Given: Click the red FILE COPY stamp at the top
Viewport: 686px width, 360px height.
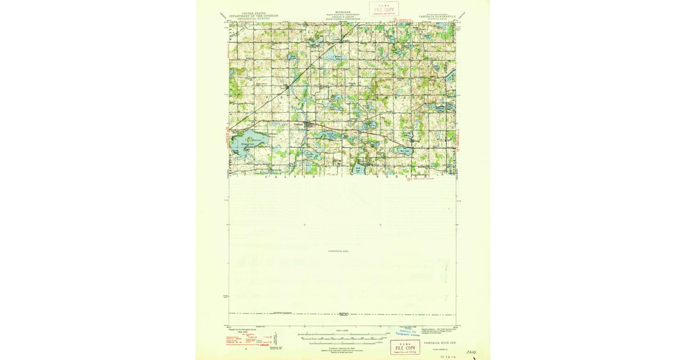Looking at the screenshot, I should click(x=384, y=9).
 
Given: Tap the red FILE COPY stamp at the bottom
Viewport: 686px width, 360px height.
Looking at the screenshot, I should click(x=405, y=347).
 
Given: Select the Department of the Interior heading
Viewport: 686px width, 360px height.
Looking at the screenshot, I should click(x=253, y=16).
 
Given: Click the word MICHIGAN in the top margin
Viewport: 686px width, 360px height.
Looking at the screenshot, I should click(x=343, y=12).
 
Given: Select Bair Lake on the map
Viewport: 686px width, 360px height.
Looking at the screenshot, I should click(x=405, y=151).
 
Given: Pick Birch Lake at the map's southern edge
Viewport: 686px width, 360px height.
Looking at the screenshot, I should click(x=358, y=170).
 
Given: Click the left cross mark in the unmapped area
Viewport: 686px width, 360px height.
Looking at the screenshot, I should click(x=304, y=225).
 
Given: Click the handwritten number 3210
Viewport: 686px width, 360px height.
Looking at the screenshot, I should click(x=471, y=353).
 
